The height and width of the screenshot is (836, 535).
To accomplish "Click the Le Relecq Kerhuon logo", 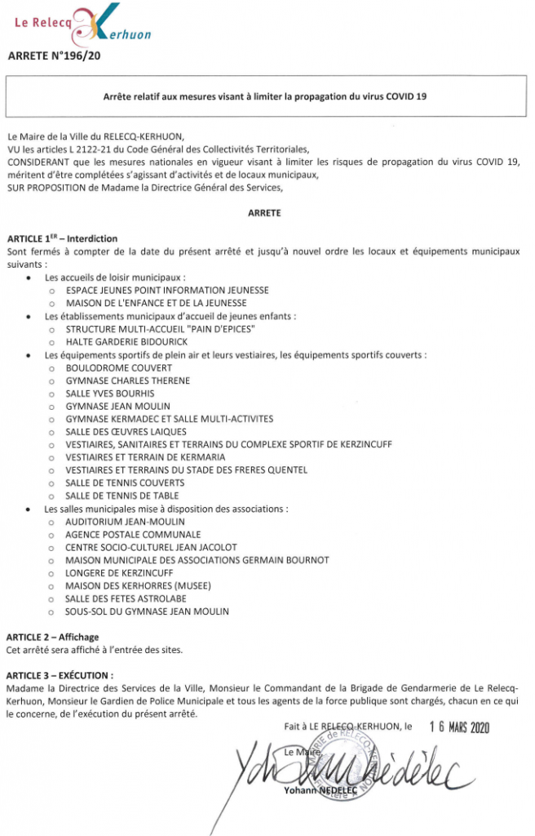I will tap(82, 24).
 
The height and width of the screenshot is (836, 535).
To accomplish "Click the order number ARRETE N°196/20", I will tap(55, 56).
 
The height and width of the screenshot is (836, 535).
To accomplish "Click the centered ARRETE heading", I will tap(264, 212).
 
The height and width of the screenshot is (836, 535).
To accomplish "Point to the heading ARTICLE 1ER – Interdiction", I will tap(62, 238).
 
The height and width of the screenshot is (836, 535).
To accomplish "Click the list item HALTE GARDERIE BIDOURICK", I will tap(126, 341).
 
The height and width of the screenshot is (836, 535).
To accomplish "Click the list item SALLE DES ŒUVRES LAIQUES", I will tap(126, 432).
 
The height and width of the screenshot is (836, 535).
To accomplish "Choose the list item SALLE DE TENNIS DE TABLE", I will tap(122, 496).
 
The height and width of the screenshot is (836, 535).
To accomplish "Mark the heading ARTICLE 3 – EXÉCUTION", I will tap(60, 675).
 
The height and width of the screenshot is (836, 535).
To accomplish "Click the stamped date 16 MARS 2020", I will tap(459, 728).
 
